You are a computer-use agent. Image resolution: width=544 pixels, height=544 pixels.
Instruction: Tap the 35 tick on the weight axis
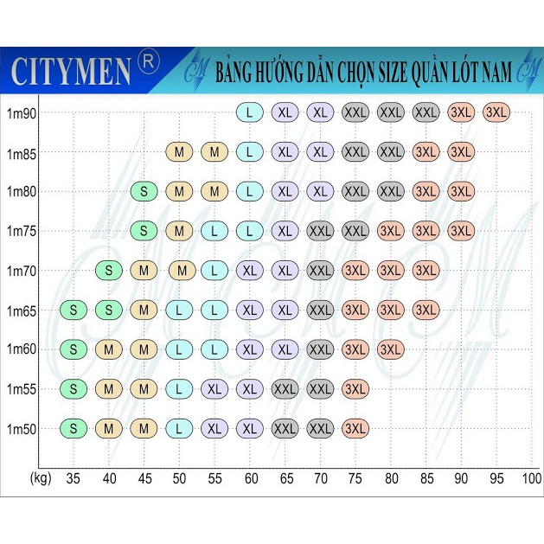tap(74, 477)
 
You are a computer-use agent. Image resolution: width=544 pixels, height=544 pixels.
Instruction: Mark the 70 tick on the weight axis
tap(320, 477)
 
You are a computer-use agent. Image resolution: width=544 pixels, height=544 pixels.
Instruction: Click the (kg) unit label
tap(39, 477)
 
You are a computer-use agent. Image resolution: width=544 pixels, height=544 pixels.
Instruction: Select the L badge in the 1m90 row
tap(250, 112)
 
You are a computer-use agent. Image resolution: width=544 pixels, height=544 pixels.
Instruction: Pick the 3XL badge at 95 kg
tap(497, 112)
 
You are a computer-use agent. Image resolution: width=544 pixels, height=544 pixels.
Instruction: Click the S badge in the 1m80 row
tap(144, 191)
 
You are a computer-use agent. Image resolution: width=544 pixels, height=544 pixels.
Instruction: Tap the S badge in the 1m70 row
tap(109, 270)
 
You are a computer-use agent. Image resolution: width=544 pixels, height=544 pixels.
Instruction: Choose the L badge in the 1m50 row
tap(179, 428)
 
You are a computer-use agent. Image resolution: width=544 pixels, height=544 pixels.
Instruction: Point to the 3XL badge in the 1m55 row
tap(355, 388)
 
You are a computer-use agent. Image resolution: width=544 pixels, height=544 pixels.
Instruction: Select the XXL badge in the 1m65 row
tap(320, 310)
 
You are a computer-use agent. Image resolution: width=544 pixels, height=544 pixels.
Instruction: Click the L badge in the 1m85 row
tap(250, 152)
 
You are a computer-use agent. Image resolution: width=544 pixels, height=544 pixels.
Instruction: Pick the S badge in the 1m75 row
tap(144, 231)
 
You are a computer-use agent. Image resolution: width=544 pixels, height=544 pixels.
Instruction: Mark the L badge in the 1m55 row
tap(179, 388)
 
